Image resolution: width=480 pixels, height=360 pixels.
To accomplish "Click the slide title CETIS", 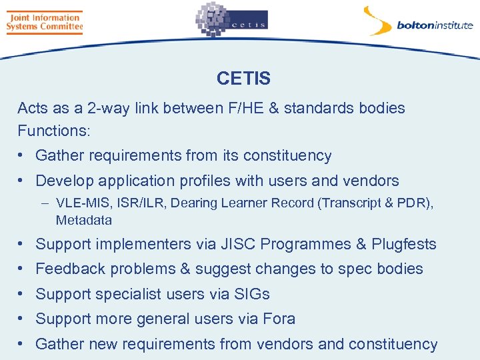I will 243,79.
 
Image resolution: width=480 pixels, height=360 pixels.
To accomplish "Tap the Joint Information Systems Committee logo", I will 44,22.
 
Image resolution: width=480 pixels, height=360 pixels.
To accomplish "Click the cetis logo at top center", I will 231,21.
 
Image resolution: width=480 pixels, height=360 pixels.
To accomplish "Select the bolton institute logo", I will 418,23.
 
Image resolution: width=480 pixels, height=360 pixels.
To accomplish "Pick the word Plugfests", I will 404,244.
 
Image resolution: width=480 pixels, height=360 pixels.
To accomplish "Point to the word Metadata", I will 84,220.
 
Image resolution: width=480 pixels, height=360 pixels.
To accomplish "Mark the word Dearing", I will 193,203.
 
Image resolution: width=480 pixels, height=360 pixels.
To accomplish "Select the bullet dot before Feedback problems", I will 22,269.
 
